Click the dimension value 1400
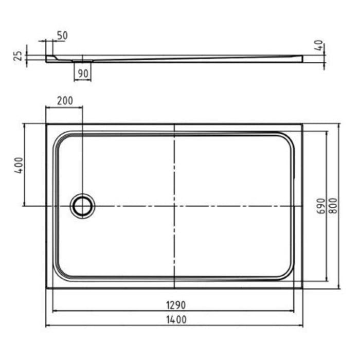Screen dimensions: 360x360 pyautogui.click(x=175, y=320)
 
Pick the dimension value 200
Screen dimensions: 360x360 pyautogui.click(x=64, y=101)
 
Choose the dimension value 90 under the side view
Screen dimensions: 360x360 pyautogui.click(x=82, y=73)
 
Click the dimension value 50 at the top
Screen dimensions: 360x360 pyautogui.click(x=62, y=36)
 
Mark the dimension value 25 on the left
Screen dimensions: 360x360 pyautogui.click(x=17, y=56)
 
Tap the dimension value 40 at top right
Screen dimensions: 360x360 pyautogui.click(x=320, y=47)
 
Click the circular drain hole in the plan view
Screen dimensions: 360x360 pyautogui.click(x=82, y=206)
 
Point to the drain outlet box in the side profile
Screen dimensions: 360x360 pyautogui.click(x=82, y=61)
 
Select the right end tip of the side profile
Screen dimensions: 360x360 pyautogui.click(x=301, y=60)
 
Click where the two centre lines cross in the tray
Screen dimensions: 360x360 pyautogui.click(x=175, y=206)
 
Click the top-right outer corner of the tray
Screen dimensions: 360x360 pyautogui.click(x=302, y=124)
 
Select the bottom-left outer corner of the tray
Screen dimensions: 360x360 pyautogui.click(x=46, y=287)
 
